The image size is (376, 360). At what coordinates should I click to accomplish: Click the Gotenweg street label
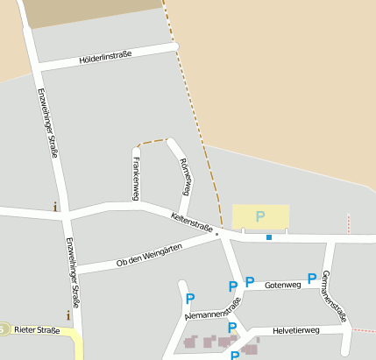tap(282, 285)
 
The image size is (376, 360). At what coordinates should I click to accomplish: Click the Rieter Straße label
tap(37, 330)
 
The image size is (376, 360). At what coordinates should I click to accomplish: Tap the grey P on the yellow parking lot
tap(259, 215)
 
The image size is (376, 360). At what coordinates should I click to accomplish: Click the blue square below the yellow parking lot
tap(269, 236)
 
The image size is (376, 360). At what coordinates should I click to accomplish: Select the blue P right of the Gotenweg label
tap(311, 279)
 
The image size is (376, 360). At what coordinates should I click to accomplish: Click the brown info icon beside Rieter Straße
tap(67, 314)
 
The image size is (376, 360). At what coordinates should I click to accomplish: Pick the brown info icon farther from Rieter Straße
tap(55, 207)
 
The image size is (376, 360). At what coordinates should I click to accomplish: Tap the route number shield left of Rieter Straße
tap(4, 329)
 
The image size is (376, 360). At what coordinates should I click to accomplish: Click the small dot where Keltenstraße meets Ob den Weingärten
tap(216, 234)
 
